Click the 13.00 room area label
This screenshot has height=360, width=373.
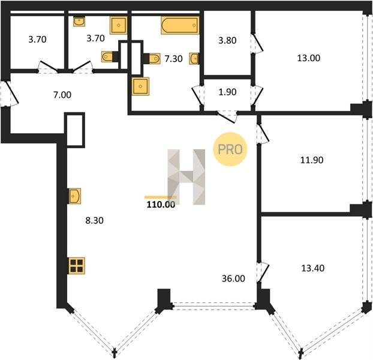coord(308,58)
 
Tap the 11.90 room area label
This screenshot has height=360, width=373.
coord(312,160)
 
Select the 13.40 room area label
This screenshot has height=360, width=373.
coord(313,268)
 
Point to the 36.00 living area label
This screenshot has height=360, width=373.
coord(233,278)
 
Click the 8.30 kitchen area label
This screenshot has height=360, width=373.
coord(94,221)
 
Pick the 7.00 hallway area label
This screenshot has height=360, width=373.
coord(62,95)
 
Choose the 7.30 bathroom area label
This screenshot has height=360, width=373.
coord(174,59)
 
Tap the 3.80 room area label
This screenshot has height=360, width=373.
coord(227,40)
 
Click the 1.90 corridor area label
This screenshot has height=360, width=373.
coord(227,92)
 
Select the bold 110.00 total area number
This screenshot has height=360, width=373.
coord(161,205)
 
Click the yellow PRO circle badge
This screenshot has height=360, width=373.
coord(230,149)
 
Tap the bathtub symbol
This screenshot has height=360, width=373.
coord(180,25)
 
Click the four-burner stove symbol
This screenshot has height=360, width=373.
coord(77,266)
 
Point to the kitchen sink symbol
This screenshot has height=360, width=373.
coord(74,196)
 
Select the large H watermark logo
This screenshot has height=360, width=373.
coord(186,177)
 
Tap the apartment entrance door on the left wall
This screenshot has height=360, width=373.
coord(10,94)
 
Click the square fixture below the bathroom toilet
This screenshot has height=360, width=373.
coord(140,86)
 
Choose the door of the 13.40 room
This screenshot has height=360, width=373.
coord(263,272)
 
